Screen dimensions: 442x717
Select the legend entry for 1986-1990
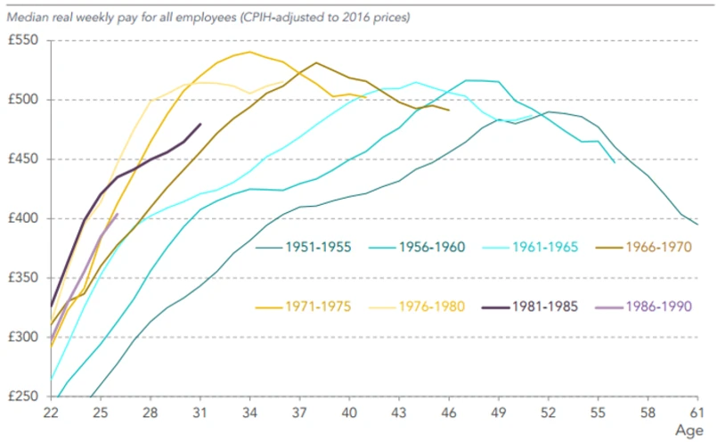pos(657,307)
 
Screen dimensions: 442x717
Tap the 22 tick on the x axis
pos(52,413)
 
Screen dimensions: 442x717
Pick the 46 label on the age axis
pos(449,413)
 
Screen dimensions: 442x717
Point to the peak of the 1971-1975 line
pos(250,52)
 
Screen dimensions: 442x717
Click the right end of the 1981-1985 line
pos(200,124)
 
